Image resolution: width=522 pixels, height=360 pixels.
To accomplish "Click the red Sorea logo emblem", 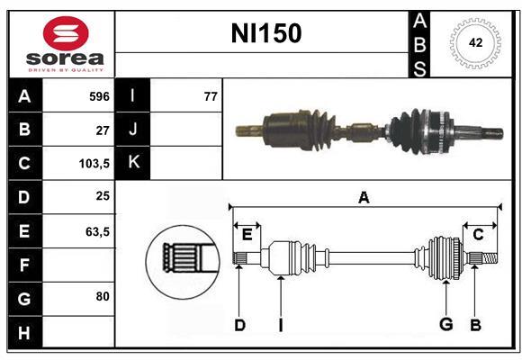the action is coord(66,33).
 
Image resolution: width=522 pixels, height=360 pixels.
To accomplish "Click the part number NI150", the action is coord(266,33).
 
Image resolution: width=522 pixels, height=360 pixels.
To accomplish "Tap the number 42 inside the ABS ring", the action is coord(475,42).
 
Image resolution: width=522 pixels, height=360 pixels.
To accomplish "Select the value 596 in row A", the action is coord(99,96).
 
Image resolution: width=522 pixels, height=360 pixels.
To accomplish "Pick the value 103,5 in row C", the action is coord(94,164).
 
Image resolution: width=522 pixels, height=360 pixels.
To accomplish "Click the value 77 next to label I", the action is coord(211,96).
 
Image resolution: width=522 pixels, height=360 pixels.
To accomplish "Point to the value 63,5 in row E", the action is coord(97,231).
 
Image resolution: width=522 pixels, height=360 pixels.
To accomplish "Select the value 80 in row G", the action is coord(103,296).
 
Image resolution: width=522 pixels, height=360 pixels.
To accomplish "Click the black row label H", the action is coord(25,333).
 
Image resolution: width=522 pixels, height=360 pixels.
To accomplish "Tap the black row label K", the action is coord(133,163).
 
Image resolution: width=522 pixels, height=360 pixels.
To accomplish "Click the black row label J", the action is coord(133,129).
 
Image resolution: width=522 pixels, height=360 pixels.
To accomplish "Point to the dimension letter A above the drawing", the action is coord(364,198).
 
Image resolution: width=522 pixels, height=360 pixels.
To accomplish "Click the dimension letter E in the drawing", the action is coord(247,235).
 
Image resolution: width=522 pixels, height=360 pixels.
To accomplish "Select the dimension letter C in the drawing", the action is coord(478,235).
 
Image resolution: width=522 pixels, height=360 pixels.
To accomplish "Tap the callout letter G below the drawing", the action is coord(446,324).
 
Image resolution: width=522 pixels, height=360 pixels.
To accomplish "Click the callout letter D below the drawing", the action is coord(239,325).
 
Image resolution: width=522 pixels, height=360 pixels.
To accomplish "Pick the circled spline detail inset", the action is coord(183,262).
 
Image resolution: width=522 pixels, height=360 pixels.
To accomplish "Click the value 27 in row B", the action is coord(103,130).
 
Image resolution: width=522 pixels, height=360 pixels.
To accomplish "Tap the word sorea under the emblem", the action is coord(65,58).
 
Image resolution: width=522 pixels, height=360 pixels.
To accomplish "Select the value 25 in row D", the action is coord(103,196).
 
